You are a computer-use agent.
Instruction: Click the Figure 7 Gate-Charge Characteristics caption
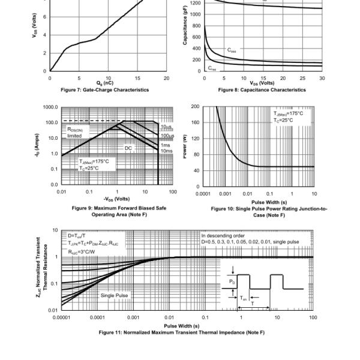109,90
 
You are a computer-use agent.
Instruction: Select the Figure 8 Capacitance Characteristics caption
262,90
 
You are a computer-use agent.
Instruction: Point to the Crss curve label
213,67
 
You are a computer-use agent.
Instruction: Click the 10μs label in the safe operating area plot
165,127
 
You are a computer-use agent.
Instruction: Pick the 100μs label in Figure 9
166,136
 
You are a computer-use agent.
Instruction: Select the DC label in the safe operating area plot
128,147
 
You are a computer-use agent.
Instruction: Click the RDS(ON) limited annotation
79,132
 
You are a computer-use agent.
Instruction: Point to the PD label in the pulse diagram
232,281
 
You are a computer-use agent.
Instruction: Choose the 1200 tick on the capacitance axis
195,3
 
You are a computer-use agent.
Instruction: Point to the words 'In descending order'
222,236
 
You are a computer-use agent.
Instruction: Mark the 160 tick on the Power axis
194,122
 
